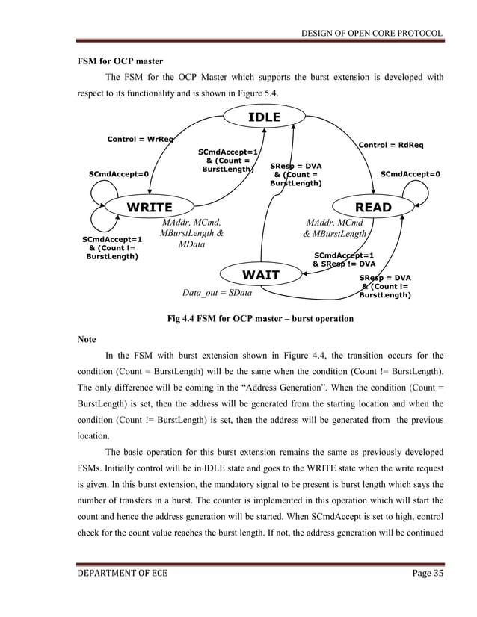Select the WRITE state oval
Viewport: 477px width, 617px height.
point(149,207)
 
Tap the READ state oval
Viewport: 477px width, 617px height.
point(372,207)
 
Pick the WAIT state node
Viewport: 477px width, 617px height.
point(260,276)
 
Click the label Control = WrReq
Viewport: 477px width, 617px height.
point(141,139)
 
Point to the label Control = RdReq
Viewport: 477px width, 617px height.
point(391,144)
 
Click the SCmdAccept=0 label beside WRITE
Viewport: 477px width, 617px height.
point(118,174)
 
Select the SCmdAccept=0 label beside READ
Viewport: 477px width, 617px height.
point(410,174)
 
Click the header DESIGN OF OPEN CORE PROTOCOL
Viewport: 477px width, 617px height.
point(372,33)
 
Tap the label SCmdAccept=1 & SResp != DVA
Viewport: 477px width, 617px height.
point(344,259)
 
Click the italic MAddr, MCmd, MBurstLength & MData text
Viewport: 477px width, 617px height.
point(192,234)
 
